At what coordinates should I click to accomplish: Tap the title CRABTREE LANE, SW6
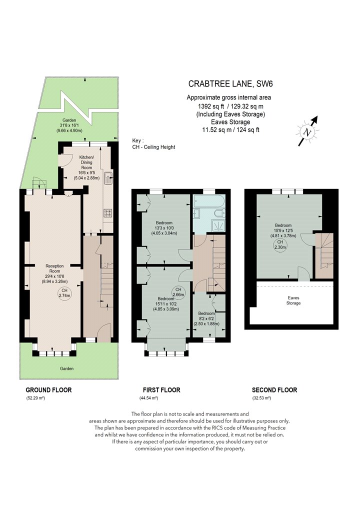[230, 83]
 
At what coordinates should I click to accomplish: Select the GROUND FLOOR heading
[48, 390]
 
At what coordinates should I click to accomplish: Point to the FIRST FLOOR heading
[161, 390]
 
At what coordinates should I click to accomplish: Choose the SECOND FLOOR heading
[274, 390]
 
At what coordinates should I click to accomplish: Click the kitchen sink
[108, 177]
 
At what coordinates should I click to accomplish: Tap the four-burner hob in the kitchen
[108, 213]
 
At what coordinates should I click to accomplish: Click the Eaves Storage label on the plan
[293, 300]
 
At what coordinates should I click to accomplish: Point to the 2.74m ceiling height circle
[64, 293]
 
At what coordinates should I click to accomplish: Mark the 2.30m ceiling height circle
[280, 245]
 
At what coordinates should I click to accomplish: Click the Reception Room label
[54, 268]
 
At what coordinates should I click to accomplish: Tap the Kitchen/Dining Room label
[86, 162]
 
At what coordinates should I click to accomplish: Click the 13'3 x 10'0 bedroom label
[164, 228]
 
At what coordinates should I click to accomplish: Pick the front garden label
[66, 368]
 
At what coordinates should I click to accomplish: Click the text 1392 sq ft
[211, 106]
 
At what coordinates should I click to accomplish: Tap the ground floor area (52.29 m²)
[35, 398]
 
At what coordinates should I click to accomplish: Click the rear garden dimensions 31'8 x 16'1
[69, 125]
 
